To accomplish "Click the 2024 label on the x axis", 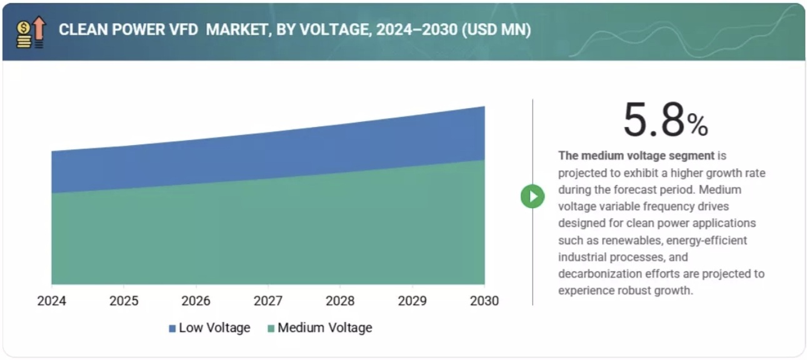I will [x=52, y=301].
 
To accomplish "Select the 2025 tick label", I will [x=124, y=301].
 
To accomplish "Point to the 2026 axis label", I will [x=196, y=301].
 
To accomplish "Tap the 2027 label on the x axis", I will [x=268, y=301].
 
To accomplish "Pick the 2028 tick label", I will [x=341, y=301].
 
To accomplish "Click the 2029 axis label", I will [x=413, y=301].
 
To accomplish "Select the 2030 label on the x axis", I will [x=484, y=301].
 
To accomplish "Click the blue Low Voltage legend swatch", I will [x=173, y=328].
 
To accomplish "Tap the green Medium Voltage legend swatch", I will [x=271, y=328].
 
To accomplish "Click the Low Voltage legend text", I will [x=214, y=327].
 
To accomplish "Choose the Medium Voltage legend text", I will [x=324, y=327].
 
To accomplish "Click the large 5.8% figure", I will [x=665, y=121].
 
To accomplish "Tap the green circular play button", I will [x=533, y=196].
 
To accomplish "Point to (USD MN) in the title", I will [x=496, y=30].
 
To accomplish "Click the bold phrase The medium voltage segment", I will [x=636, y=156].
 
